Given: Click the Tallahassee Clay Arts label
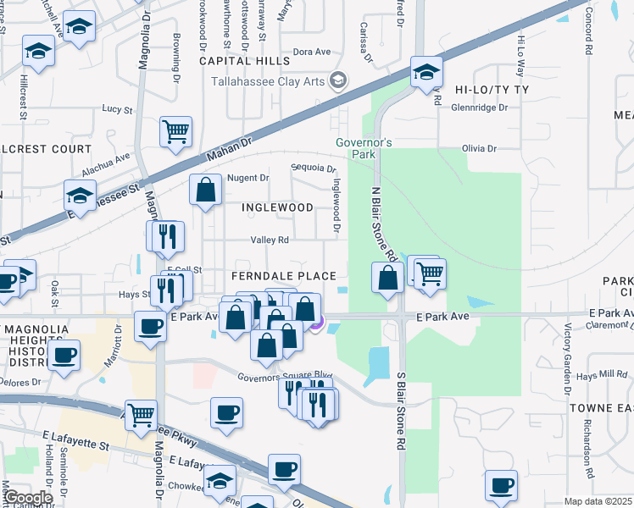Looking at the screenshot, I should (270, 80).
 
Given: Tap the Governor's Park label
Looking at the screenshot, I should (364, 148).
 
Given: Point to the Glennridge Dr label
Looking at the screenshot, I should (479, 108).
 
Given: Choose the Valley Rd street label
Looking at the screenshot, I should (270, 240).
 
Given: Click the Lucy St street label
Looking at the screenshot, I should (117, 109).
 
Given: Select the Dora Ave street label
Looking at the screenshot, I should (311, 52).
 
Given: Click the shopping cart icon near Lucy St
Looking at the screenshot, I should (176, 130).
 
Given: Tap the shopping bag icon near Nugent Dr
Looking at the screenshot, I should (206, 190).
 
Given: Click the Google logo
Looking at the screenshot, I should (27, 498).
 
